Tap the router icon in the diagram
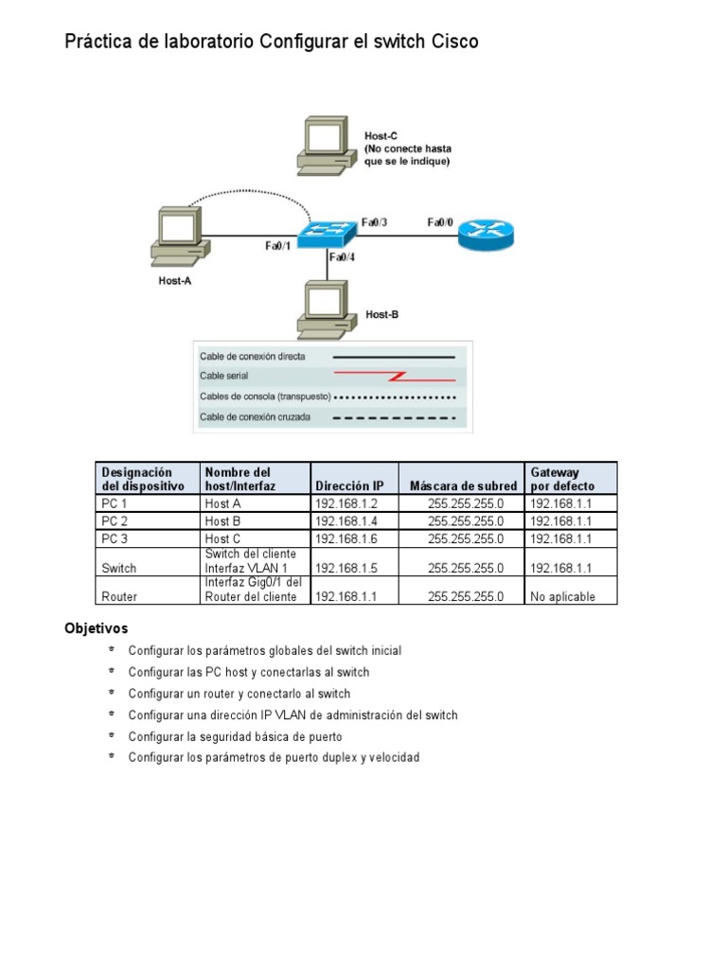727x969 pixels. tap(486, 234)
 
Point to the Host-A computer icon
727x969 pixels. tap(178, 237)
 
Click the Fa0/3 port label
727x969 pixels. tap(374, 222)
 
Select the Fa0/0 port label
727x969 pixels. tap(440, 222)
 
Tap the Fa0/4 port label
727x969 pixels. tap(342, 256)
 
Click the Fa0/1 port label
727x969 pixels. tap(277, 246)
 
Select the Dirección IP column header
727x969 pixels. tap(349, 485)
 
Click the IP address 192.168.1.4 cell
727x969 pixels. tap(346, 520)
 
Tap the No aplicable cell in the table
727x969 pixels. tap(563, 597)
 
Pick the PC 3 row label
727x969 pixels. tap(115, 537)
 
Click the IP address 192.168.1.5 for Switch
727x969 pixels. tap(346, 568)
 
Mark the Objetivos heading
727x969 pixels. tap(96, 628)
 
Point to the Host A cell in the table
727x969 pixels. tap(222, 503)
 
